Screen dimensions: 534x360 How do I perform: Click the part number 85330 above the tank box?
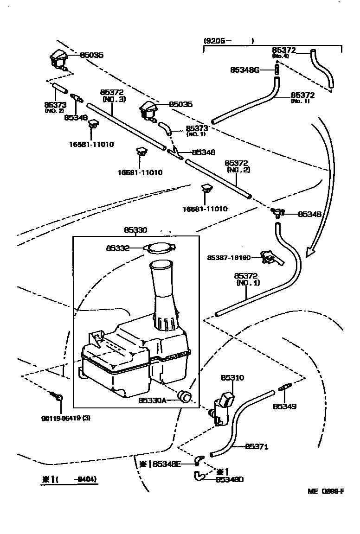coord(135,230)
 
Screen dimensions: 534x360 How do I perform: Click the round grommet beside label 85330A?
coord(186,396)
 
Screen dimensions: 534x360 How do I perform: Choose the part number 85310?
coord(232,378)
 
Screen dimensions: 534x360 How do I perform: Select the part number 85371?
coord(257,447)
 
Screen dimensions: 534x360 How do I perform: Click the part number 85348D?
coord(229,480)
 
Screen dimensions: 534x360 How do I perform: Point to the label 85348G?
coord(244,70)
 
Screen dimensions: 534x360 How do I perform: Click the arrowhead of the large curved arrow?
coord(311,253)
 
